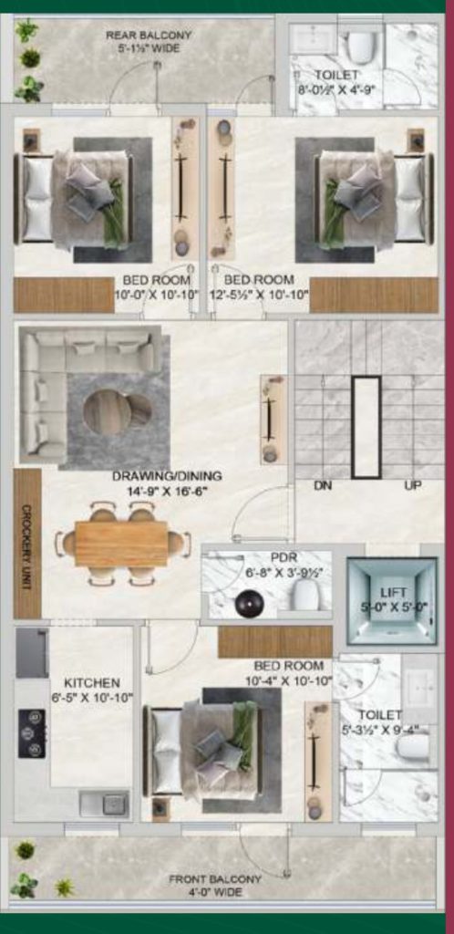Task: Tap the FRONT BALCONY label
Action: (x=215, y=879)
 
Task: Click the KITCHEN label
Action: (x=91, y=682)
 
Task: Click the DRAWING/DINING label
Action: (x=167, y=476)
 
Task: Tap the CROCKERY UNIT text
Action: (x=26, y=544)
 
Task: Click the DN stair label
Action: (x=323, y=485)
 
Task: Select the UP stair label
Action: (x=413, y=485)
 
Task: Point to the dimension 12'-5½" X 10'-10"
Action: (x=260, y=294)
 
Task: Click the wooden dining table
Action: (x=120, y=544)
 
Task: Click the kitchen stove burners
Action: (x=32, y=733)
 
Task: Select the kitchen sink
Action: (x=103, y=804)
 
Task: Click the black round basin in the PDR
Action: (x=248, y=604)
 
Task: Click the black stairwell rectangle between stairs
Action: (x=366, y=426)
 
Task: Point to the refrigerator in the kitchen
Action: (x=32, y=653)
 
